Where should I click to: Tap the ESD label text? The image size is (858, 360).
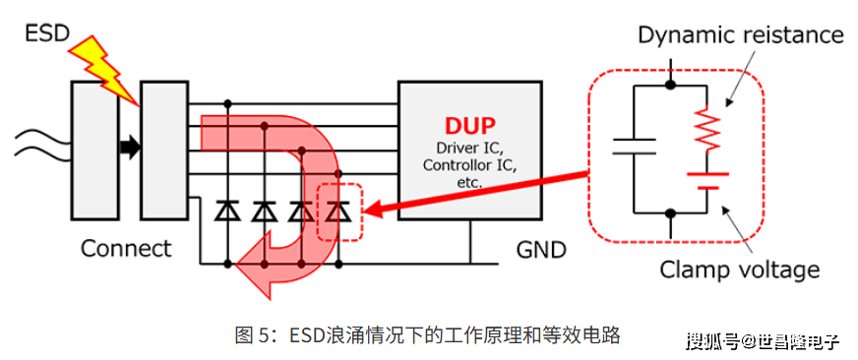(47, 33)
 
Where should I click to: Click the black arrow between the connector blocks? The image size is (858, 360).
(130, 149)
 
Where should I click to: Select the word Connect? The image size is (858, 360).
(126, 249)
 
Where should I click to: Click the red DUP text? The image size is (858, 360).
(470, 127)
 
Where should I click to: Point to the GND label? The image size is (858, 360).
(541, 250)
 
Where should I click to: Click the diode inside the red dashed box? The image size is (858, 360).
(338, 211)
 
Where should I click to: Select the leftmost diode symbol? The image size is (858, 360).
(228, 211)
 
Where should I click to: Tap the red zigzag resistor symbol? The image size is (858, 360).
(705, 129)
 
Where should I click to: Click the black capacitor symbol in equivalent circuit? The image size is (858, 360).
(634, 147)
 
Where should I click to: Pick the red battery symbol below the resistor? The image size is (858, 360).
(707, 181)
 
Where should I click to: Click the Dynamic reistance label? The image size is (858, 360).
(741, 35)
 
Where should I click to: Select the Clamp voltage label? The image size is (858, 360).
(739, 270)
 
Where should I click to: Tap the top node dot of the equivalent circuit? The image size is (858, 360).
(670, 85)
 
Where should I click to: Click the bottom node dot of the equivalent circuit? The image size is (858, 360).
(670, 212)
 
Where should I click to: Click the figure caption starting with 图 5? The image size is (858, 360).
(427, 334)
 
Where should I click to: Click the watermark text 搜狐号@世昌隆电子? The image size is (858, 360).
(764, 341)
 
